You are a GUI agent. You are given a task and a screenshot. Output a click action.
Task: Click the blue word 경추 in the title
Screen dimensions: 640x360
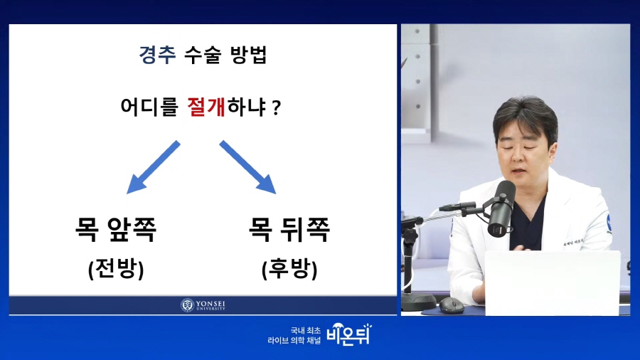(x=157, y=55)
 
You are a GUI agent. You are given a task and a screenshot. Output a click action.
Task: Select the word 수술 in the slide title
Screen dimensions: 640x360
(x=203, y=55)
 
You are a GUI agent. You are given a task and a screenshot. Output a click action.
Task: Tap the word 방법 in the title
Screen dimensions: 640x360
(x=249, y=55)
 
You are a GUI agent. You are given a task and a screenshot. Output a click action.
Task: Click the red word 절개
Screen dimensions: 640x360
(x=206, y=107)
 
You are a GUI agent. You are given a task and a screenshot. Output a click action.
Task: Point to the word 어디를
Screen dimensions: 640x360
(x=149, y=107)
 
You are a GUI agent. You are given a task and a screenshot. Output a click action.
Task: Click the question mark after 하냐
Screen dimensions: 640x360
(x=277, y=108)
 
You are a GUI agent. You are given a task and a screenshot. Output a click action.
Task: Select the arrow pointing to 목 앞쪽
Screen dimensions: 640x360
(x=153, y=167)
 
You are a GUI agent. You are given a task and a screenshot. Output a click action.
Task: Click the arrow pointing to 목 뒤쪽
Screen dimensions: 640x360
(x=248, y=167)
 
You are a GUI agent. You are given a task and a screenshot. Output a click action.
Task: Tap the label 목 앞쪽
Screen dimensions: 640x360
(x=116, y=229)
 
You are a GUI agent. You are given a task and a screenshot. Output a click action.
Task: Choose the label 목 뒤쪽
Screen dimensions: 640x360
(x=289, y=229)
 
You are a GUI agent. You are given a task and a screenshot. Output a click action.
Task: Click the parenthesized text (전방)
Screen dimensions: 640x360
(x=116, y=269)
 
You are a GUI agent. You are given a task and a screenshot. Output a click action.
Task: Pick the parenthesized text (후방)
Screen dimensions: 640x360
(x=289, y=269)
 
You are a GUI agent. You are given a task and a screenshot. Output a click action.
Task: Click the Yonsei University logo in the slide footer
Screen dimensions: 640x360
(x=203, y=305)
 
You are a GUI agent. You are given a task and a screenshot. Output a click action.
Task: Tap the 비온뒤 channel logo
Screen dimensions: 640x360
(x=349, y=334)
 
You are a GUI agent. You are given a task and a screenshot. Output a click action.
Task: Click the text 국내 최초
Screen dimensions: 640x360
(x=305, y=330)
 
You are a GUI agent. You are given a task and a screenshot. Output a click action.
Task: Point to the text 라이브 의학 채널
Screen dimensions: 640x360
(x=294, y=340)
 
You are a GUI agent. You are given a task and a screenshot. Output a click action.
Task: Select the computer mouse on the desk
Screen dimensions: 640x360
(x=452, y=305)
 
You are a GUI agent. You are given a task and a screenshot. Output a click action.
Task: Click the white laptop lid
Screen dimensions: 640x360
(x=553, y=283)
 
